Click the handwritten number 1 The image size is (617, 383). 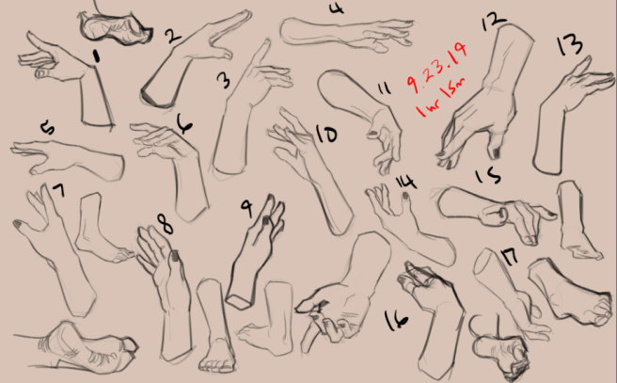[x=97, y=56]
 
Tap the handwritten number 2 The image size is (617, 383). [x=171, y=37]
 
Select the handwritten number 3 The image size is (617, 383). [x=223, y=80]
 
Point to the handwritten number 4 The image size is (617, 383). [x=337, y=8]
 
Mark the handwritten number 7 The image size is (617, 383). [x=58, y=191]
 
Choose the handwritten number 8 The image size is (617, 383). [x=165, y=224]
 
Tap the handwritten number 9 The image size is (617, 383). [x=247, y=206]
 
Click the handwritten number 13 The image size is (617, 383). [x=568, y=44]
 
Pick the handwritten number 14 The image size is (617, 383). [x=404, y=181]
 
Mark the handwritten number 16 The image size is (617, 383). [x=397, y=320]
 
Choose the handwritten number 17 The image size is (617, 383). [x=509, y=256]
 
